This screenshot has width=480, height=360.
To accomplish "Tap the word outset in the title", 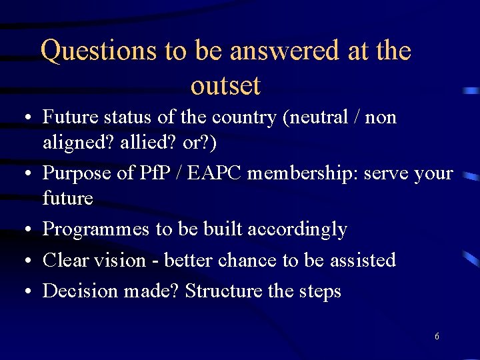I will pyautogui.click(x=225, y=86).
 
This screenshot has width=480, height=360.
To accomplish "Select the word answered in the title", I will pyautogui.click(x=299, y=51).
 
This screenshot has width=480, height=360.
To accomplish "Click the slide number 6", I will pyautogui.click(x=437, y=337).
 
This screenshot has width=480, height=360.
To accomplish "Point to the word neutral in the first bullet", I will pyautogui.click(x=320, y=117).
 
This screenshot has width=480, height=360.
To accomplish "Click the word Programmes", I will pyautogui.click(x=96, y=229).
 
